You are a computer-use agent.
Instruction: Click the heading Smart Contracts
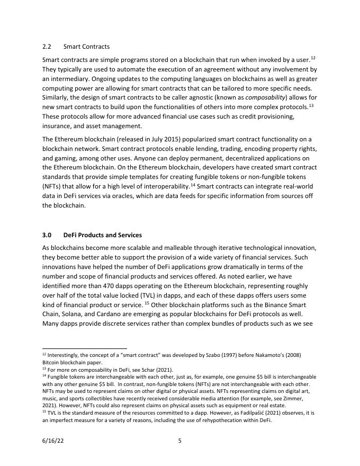pyautogui.click(x=90, y=47)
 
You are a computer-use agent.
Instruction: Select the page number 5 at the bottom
pyautogui.click(x=179, y=440)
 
